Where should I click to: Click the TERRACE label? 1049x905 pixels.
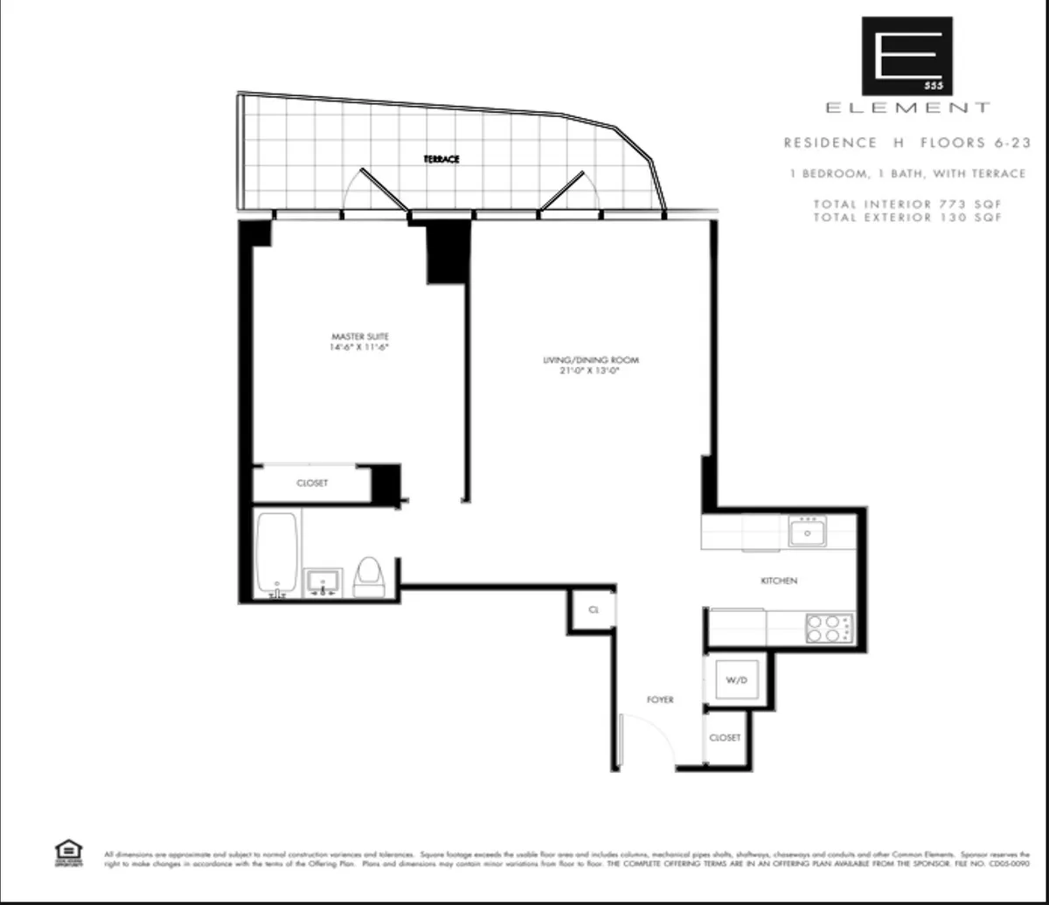tap(441, 159)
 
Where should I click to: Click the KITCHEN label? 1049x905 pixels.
tap(779, 581)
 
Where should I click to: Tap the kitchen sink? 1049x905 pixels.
tap(808, 532)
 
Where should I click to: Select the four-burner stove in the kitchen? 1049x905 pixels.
tap(828, 628)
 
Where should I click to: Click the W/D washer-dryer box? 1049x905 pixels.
tap(736, 679)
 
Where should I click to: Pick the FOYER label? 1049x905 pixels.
tap(660, 700)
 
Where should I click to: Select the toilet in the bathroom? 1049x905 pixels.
tap(368, 577)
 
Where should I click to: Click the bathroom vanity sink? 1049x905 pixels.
tap(323, 582)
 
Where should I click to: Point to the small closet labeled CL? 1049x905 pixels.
tap(593, 609)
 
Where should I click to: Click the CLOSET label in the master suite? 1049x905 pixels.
tap(312, 483)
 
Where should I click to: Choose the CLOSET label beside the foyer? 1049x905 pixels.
tap(725, 738)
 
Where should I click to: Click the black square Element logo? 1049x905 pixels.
tap(907, 55)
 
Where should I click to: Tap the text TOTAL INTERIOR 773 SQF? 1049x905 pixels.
tap(907, 205)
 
